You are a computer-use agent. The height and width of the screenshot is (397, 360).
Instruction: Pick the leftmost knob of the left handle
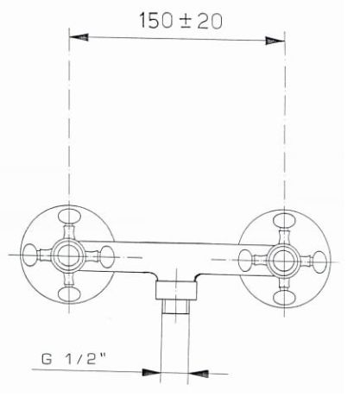[31, 255]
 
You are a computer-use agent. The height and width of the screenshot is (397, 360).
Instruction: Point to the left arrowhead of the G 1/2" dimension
[154, 372]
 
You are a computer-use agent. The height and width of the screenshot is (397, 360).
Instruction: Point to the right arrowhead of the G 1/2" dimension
[201, 372]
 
